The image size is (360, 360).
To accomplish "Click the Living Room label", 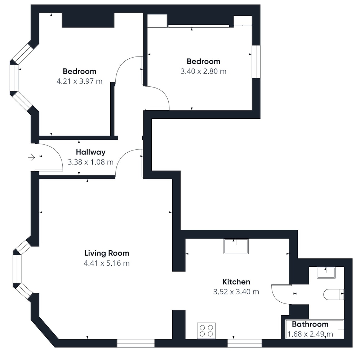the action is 107,253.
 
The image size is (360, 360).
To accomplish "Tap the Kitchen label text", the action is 236,282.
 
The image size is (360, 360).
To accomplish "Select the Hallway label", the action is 90,152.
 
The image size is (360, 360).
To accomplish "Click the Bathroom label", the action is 310,324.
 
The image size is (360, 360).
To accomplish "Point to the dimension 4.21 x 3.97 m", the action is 79,81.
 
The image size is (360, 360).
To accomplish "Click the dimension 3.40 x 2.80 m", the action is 204,71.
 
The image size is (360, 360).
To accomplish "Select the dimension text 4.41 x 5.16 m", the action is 107,263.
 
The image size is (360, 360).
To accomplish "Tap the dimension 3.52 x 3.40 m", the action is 236,292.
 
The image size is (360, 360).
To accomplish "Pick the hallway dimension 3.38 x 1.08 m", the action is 90,162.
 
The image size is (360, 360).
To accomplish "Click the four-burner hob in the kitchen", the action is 206,330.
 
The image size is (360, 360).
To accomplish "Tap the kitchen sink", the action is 236,246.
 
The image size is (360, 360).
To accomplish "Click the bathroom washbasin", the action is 326,273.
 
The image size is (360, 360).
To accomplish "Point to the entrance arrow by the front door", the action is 31,157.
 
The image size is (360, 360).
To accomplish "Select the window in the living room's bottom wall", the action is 136,343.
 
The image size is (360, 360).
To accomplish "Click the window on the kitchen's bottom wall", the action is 245,343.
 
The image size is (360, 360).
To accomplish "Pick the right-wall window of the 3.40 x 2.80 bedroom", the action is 256,62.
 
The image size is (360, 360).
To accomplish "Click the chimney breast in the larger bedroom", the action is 88,20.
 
